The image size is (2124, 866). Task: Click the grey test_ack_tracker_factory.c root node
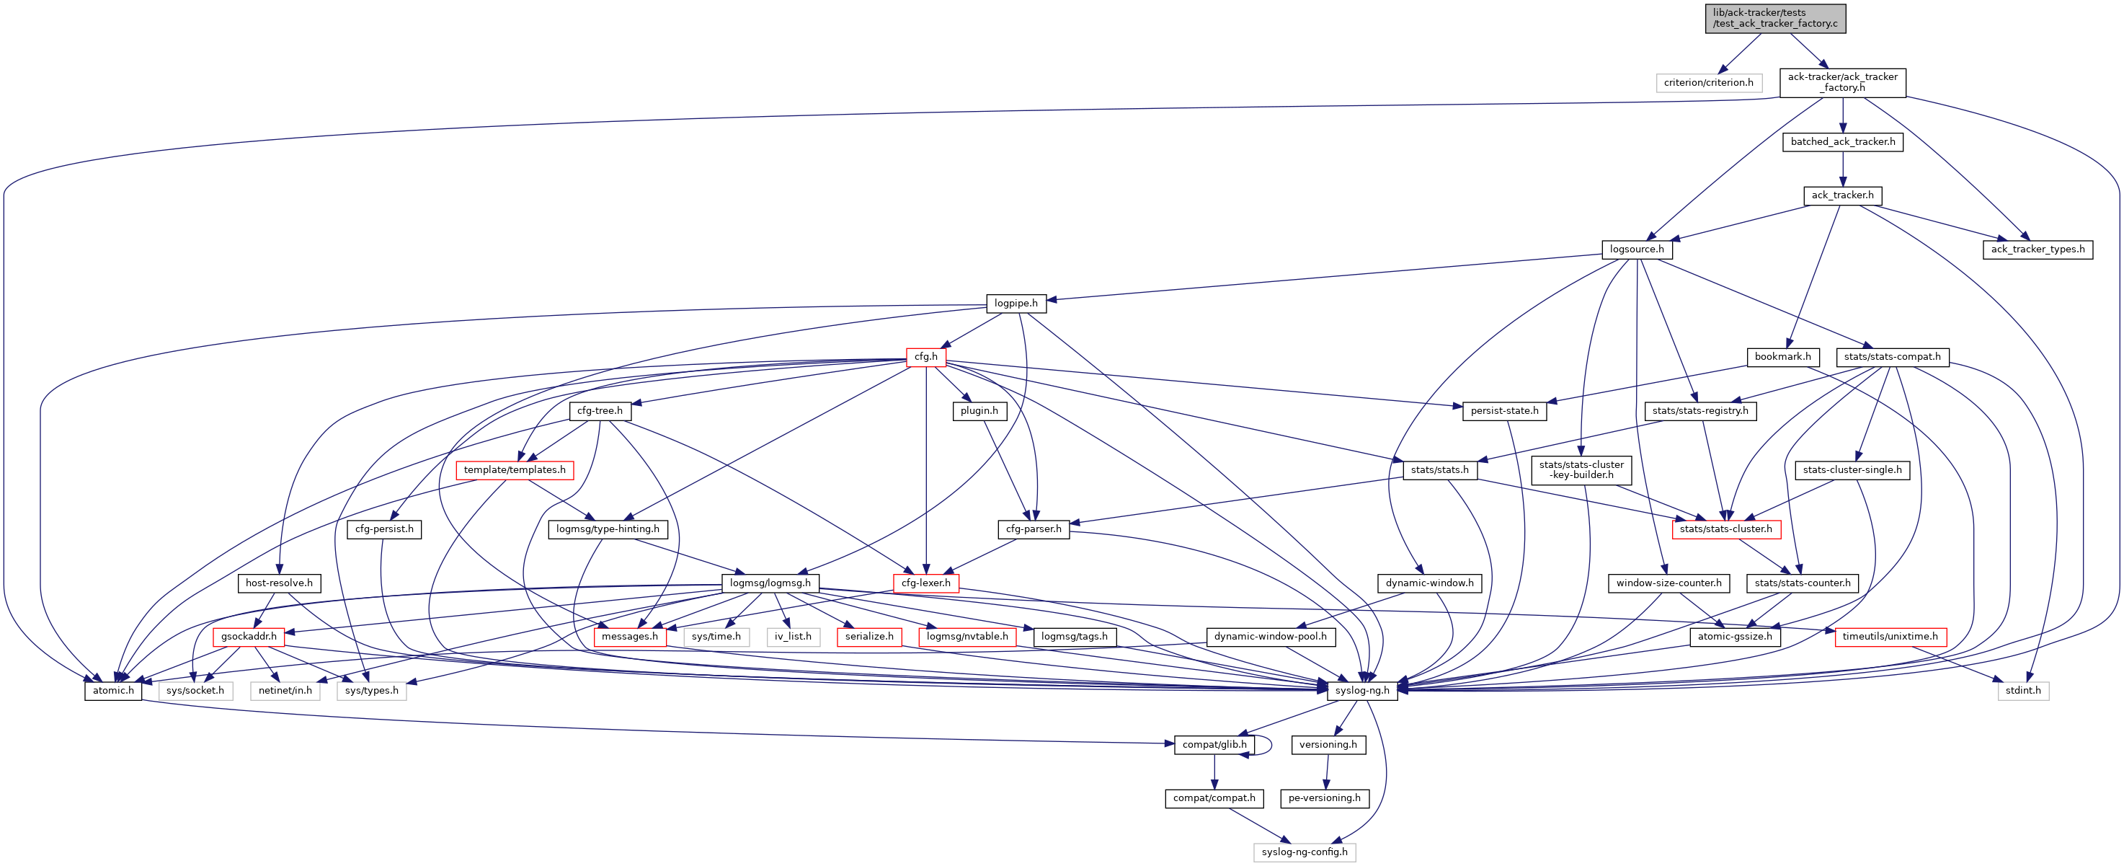pyautogui.click(x=1775, y=18)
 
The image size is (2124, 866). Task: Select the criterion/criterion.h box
pyautogui.click(x=1708, y=82)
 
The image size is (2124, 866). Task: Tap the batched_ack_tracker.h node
pyautogui.click(x=1843, y=142)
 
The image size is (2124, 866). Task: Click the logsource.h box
pyautogui.click(x=1637, y=249)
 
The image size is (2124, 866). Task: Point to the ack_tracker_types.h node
pyautogui.click(x=2038, y=249)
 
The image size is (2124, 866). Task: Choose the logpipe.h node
pyautogui.click(x=1016, y=304)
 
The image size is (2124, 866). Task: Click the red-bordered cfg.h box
pyautogui.click(x=926, y=357)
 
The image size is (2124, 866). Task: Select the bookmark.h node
pyautogui.click(x=1782, y=357)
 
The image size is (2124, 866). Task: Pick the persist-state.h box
pyautogui.click(x=1504, y=411)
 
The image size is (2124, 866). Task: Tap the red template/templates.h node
pyautogui.click(x=515, y=470)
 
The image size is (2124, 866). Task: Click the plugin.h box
pyautogui.click(x=979, y=411)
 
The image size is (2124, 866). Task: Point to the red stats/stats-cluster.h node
pyautogui.click(x=1725, y=529)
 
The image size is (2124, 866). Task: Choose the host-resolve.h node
pyautogui.click(x=280, y=583)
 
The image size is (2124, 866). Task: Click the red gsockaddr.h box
pyautogui.click(x=249, y=637)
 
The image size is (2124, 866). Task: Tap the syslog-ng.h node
pyautogui.click(x=1363, y=690)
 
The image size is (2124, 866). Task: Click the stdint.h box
pyautogui.click(x=2022, y=690)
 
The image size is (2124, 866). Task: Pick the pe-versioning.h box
pyautogui.click(x=1324, y=798)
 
